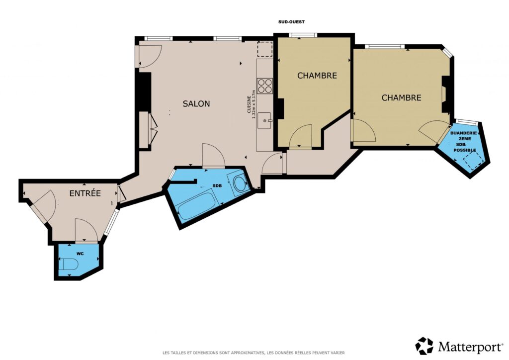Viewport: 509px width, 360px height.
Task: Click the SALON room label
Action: pos(196,104)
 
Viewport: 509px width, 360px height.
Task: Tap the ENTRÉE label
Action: pos(85,193)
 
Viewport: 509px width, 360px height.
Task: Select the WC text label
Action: pos(80,254)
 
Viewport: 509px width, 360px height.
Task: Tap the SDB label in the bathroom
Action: pos(217,185)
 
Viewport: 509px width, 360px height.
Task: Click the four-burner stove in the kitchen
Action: pos(265,86)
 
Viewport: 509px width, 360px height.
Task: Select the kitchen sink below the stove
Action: pos(264,121)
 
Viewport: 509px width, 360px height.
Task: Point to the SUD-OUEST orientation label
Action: pos(291,22)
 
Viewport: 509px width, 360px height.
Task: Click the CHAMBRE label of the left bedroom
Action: pos(317,76)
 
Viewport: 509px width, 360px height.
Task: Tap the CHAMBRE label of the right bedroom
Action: pos(401,98)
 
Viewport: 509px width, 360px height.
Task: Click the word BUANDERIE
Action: pos(463,133)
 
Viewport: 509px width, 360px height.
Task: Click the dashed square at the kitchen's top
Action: pos(264,50)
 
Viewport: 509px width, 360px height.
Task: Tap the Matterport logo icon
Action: pos(424,346)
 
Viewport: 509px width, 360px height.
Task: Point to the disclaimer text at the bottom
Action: pos(254,353)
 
